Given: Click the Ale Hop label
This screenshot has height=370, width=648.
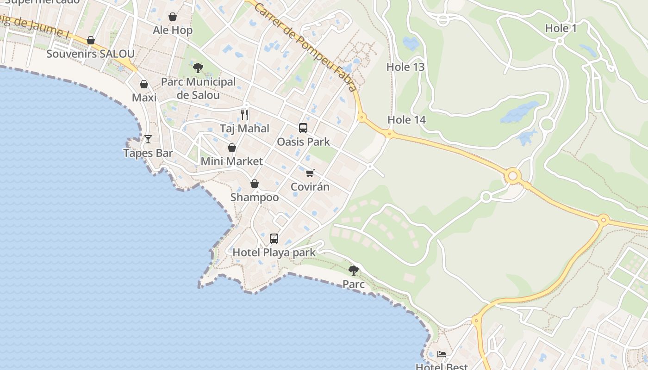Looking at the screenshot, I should [173, 31].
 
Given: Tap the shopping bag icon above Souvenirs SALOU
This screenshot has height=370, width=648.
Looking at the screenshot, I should [91, 40].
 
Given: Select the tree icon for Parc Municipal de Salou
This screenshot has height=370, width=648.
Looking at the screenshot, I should [198, 68].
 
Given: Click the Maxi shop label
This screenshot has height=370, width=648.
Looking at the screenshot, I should [144, 98].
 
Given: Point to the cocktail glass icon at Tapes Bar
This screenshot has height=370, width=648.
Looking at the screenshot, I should [148, 139].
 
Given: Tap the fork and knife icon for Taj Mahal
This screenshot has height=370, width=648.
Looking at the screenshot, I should [244, 114].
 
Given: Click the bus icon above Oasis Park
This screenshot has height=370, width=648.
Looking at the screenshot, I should [303, 128].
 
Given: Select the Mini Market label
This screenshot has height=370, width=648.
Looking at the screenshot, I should [231, 161].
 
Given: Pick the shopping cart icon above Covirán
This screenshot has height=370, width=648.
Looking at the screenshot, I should [310, 173].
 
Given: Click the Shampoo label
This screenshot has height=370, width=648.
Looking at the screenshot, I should [255, 197].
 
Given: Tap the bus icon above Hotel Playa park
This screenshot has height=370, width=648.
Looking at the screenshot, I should [274, 239].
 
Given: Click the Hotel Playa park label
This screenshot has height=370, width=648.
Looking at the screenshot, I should [274, 253].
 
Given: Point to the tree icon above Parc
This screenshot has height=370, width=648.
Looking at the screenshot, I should [354, 270].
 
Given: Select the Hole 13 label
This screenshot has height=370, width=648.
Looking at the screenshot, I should [405, 67].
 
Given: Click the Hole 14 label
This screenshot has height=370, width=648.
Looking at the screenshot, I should [406, 120].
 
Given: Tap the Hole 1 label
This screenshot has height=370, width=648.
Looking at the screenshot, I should [561, 28].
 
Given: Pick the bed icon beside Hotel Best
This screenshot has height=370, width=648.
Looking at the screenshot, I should [442, 354].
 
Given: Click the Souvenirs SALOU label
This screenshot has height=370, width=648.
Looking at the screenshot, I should [90, 54].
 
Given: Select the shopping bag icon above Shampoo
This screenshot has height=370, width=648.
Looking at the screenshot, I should [255, 184].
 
